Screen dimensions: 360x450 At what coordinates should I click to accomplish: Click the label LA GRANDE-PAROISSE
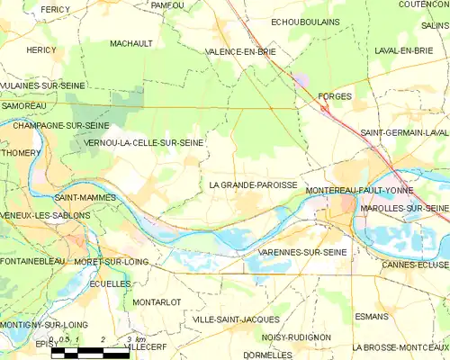(253, 184)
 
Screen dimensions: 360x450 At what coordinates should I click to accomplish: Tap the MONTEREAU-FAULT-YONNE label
(358, 192)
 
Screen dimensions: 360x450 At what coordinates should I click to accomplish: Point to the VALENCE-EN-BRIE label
(239, 51)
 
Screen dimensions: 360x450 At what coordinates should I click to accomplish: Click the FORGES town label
(336, 94)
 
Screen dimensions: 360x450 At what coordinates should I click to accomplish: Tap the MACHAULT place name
(130, 43)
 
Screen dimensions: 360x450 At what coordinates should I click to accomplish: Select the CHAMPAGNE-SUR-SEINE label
(61, 125)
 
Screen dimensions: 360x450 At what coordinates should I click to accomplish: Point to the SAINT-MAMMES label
(82, 196)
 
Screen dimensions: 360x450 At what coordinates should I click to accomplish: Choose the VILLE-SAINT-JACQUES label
(236, 319)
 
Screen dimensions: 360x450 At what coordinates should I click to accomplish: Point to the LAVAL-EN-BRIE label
(404, 51)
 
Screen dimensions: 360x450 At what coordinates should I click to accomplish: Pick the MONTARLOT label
(157, 301)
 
